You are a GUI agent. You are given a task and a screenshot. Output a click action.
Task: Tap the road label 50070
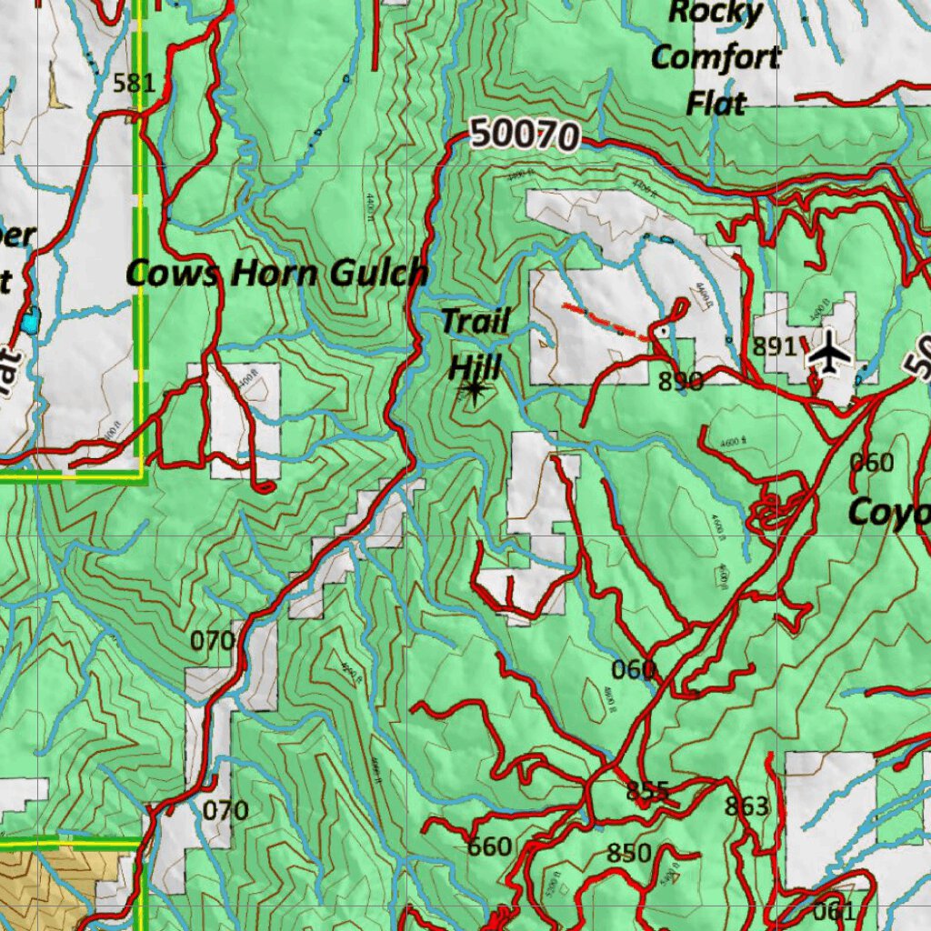click(x=526, y=135)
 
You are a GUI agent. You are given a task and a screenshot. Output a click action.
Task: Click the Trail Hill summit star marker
click(x=473, y=391)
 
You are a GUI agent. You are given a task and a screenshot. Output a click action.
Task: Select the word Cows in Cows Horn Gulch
click(x=173, y=272)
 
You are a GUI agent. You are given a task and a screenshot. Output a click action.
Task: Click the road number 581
click(x=135, y=84)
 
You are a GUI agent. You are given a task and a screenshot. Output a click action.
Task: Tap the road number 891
click(x=775, y=346)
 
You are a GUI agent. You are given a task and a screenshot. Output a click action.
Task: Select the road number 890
click(x=681, y=381)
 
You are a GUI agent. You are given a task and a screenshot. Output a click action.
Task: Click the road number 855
click(x=647, y=790)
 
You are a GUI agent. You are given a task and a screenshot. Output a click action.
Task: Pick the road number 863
click(x=746, y=806)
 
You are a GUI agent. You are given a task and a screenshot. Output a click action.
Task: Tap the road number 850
click(x=629, y=853)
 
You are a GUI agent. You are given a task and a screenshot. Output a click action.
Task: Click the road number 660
click(x=489, y=847)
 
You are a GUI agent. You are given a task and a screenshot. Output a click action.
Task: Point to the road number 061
click(x=834, y=912)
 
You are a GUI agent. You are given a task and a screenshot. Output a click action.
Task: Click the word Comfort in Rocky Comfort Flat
click(x=716, y=57)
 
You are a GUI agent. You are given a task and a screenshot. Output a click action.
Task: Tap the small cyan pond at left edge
click(x=32, y=321)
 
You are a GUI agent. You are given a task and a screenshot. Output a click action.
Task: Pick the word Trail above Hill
click(x=476, y=321)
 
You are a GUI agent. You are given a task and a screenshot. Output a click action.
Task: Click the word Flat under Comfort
click(x=716, y=103)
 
